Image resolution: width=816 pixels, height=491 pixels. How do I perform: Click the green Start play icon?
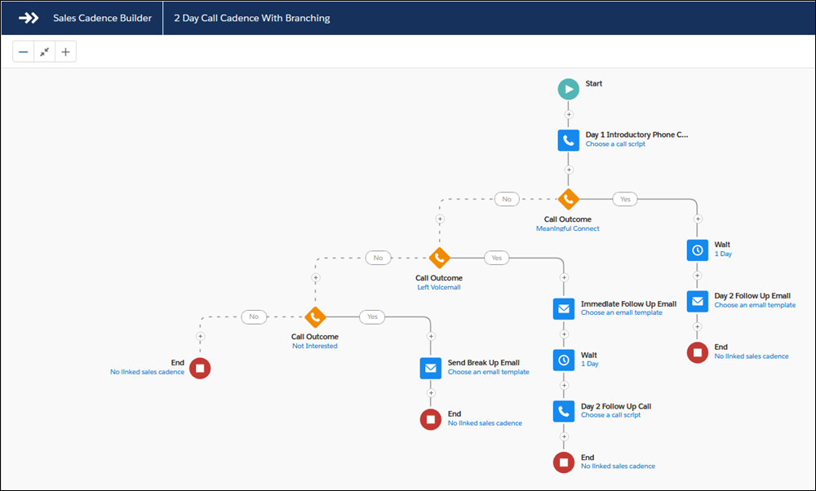[x=568, y=89]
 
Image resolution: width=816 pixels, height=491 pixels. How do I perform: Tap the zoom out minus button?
[x=24, y=51]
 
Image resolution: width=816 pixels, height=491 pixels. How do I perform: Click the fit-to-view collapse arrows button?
[x=44, y=51]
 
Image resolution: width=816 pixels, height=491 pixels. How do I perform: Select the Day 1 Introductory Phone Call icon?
[x=568, y=140]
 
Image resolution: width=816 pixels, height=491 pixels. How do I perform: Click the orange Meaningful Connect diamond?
[x=568, y=199]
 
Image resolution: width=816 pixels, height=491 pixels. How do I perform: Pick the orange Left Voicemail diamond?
[x=439, y=258]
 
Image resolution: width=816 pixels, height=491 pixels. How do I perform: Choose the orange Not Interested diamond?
[x=315, y=316]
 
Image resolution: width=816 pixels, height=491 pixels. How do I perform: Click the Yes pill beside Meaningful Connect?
[x=625, y=199]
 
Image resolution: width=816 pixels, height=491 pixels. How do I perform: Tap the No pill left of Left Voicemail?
[x=378, y=258]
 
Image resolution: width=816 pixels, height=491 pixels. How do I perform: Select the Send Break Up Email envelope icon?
[x=430, y=369]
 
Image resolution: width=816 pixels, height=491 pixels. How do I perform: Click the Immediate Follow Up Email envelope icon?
[x=564, y=309]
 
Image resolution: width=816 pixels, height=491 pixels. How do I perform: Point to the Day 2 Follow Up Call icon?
[x=564, y=411]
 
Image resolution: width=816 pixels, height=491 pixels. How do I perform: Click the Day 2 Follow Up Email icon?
[x=698, y=301]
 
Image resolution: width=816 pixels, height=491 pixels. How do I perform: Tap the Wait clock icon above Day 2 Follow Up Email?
[x=698, y=250]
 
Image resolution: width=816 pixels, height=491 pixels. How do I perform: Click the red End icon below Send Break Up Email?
[x=430, y=419]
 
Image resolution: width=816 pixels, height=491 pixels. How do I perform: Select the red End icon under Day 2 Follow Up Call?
[x=564, y=462]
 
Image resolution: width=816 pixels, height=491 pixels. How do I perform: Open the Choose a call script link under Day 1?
[x=615, y=144]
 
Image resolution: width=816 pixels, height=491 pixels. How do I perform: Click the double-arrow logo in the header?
[x=29, y=18]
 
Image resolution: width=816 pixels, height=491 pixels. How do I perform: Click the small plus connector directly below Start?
[x=569, y=114]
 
